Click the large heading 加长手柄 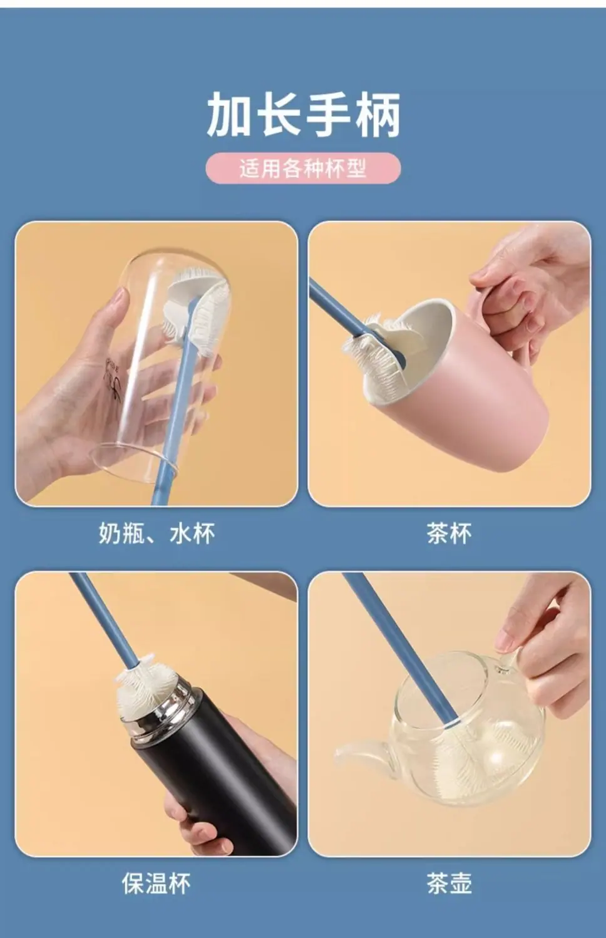click(303, 115)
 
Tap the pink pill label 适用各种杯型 click(303, 168)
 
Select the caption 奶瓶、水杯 click(157, 533)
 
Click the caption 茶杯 click(449, 533)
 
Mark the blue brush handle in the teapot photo click(400, 649)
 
